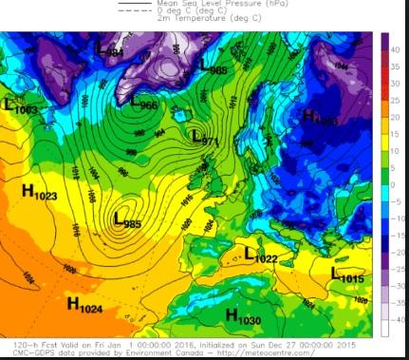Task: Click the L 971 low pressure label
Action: [205, 139]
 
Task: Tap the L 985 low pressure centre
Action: [131, 220]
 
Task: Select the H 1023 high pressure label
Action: [39, 193]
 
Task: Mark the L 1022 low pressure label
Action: [261, 255]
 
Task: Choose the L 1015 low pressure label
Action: [347, 275]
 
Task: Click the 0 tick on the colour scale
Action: [398, 182]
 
